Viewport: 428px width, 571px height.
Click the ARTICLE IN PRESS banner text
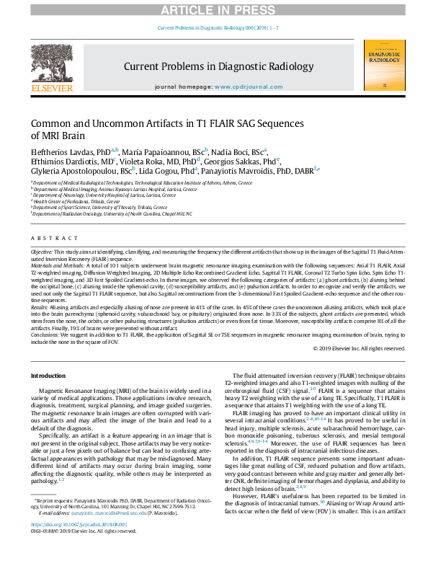pos(213,9)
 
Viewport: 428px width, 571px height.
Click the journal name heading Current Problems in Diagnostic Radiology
pos(213,66)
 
